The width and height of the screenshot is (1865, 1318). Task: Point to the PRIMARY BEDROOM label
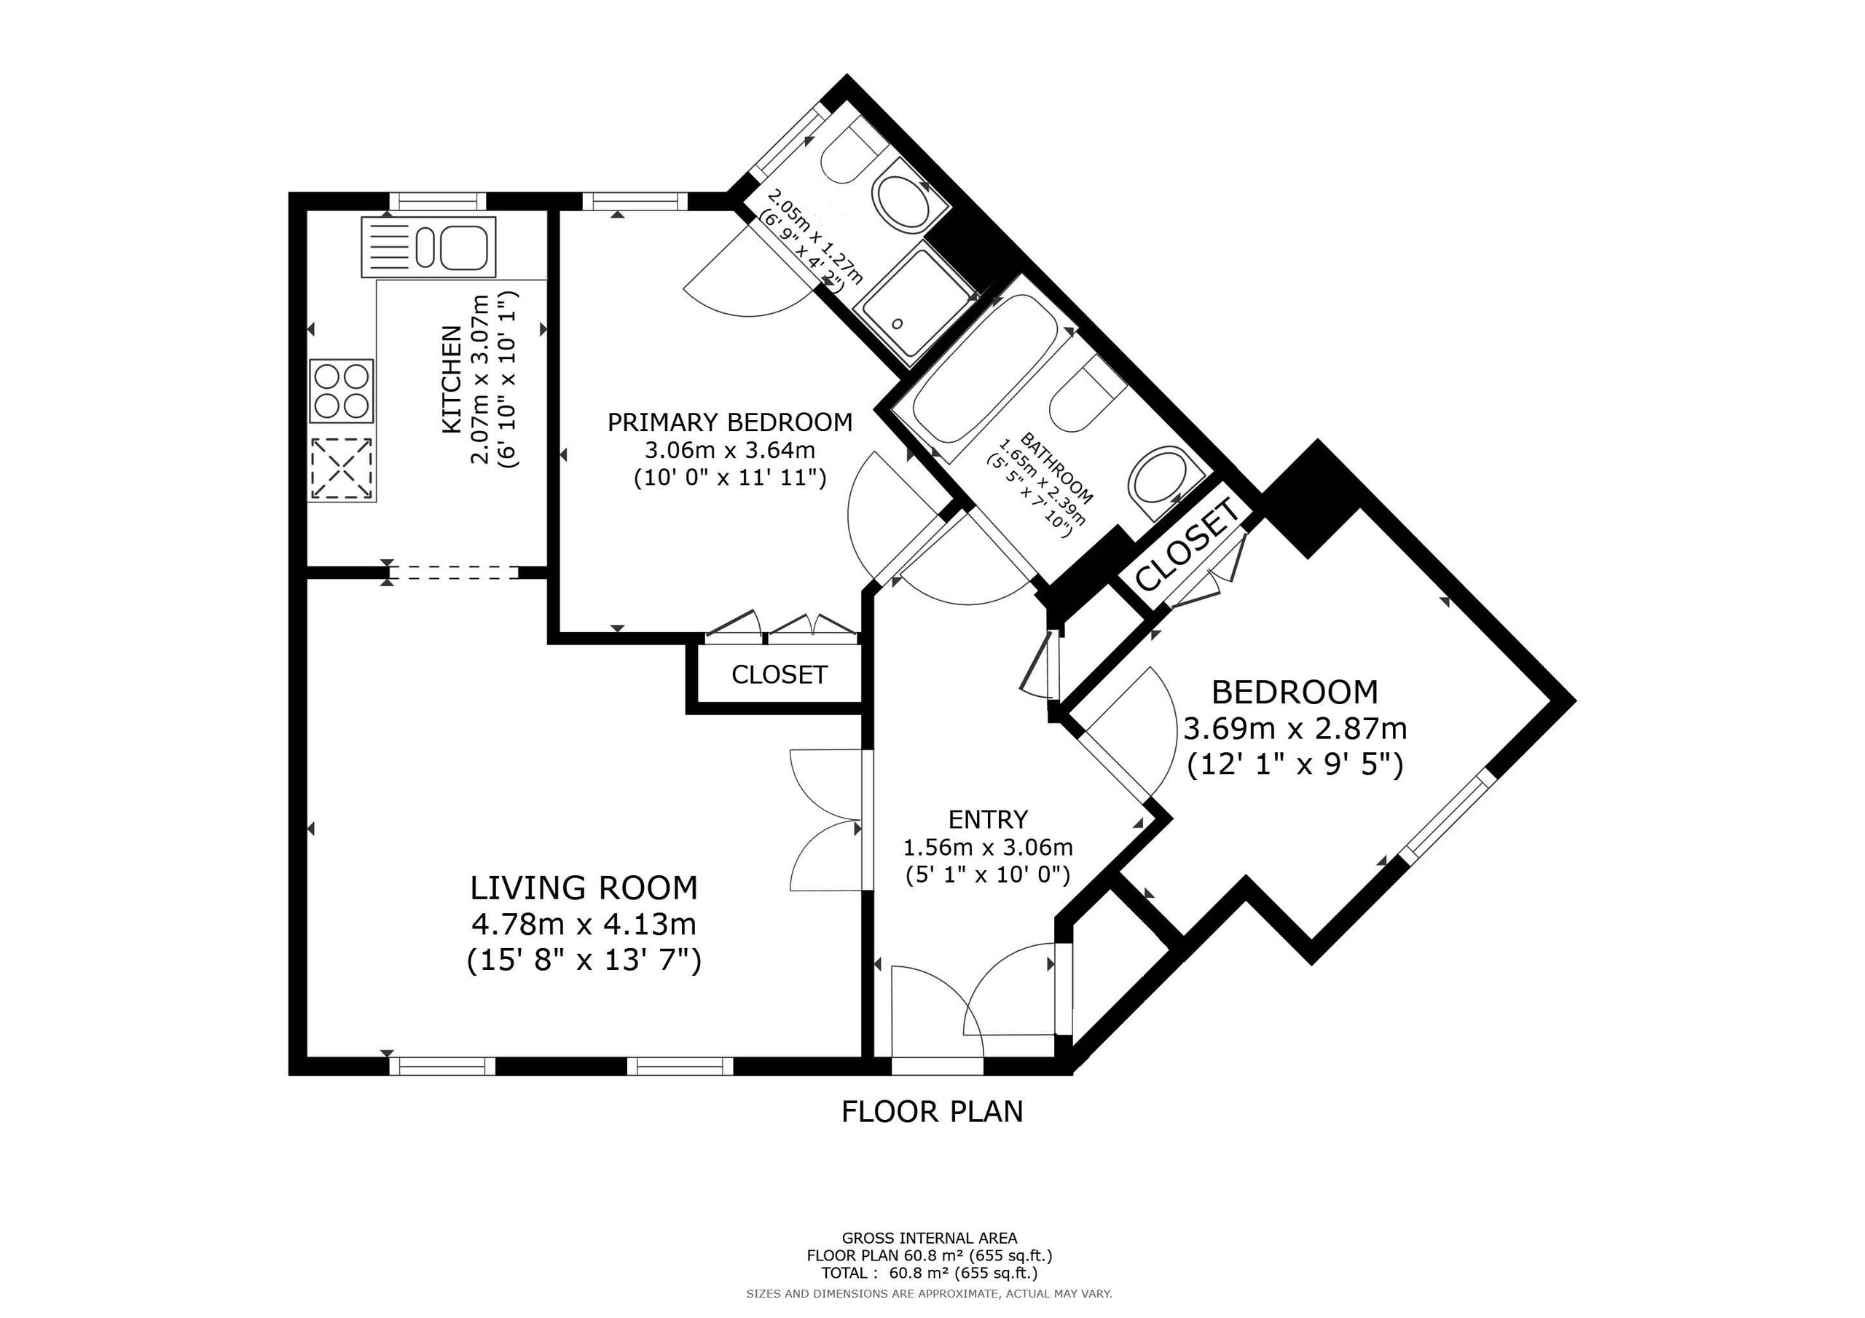coord(730,422)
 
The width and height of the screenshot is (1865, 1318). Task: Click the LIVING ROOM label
coord(584,888)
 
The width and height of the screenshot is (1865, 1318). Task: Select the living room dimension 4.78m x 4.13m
coord(584,924)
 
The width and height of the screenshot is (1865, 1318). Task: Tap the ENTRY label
coord(988,818)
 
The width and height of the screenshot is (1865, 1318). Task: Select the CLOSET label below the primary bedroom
coord(779,675)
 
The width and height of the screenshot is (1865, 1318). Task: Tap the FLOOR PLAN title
coord(932,1112)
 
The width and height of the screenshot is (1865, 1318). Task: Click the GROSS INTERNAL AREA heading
coord(930,1239)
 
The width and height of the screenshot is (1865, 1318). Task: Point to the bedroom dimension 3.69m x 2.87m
coord(1295,728)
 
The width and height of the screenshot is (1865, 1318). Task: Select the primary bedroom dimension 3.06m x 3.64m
coord(730,449)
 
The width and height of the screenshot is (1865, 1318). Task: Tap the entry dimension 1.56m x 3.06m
coord(988,848)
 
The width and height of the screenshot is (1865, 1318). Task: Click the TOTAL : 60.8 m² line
coord(930,1273)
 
